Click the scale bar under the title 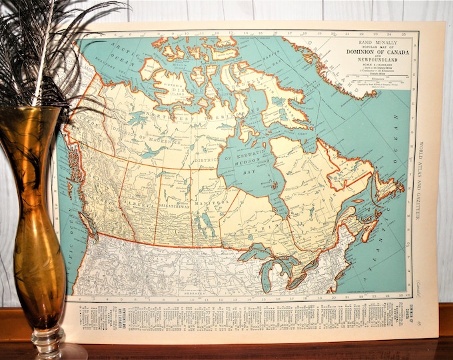tap(370, 81)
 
